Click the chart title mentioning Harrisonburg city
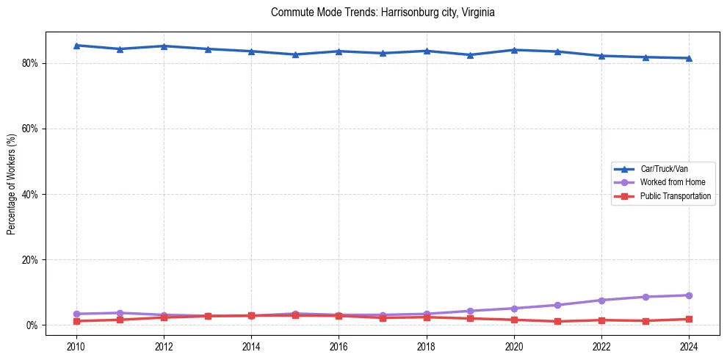pos(383,12)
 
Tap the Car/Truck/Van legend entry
pos(664,169)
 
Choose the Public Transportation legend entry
pos(675,196)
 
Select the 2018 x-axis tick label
pos(427,347)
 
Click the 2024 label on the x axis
pos(689,347)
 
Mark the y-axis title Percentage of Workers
pos(12,184)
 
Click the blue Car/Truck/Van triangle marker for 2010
pos(76,46)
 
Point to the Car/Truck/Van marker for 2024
pos(689,58)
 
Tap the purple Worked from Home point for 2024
pos(689,295)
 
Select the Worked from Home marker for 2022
pos(601,300)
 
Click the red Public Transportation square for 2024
pos(689,319)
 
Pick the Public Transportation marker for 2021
pos(558,321)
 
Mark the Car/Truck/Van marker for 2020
pos(514,50)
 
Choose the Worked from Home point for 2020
pos(514,309)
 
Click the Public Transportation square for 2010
pos(76,321)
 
